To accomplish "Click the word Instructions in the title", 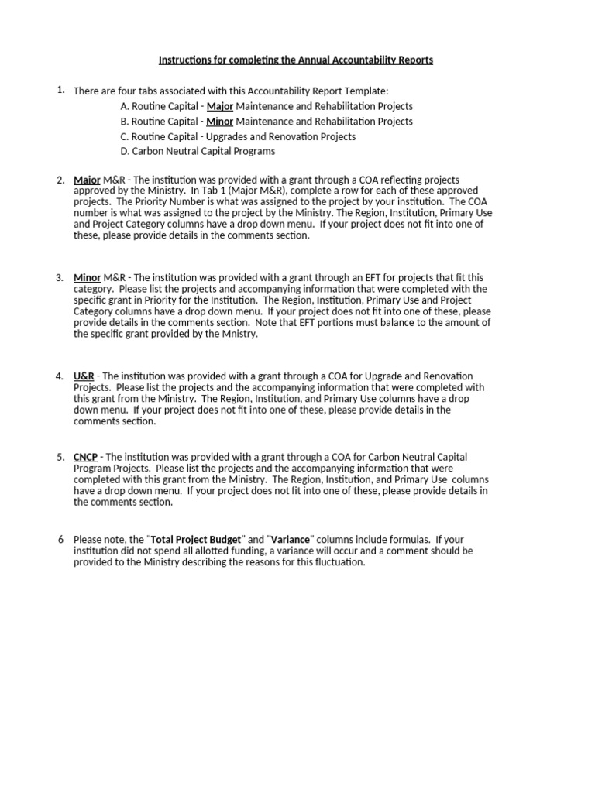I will [x=184, y=60].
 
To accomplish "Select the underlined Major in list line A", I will [x=220, y=106].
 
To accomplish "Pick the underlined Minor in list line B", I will [x=220, y=122].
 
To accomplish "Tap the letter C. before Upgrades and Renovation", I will [x=124, y=136].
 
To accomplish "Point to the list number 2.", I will [x=60, y=180].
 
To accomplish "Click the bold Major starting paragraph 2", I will [x=87, y=180].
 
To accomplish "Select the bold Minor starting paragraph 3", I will [x=88, y=277].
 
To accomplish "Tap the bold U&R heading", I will [x=84, y=376].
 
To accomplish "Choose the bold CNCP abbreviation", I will [x=87, y=457].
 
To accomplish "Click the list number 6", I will [x=60, y=539].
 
